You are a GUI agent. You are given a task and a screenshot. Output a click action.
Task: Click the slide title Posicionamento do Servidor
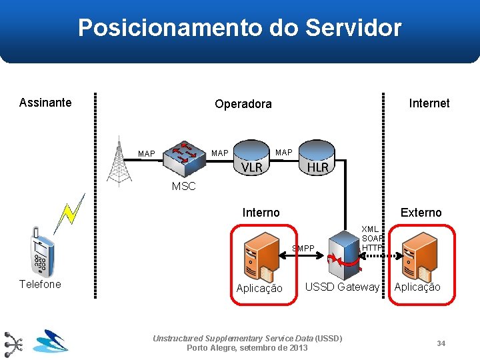(239, 28)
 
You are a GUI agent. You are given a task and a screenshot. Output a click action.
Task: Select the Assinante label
(45, 103)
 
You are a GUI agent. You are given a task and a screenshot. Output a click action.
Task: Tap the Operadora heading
(243, 104)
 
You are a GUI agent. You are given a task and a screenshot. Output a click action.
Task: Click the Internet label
(429, 103)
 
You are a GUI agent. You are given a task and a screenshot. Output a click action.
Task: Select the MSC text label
(183, 187)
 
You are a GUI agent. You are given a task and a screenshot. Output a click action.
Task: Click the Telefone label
(40, 285)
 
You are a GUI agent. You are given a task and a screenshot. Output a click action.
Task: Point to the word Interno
(261, 213)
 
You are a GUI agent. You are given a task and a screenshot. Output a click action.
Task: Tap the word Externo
(421, 213)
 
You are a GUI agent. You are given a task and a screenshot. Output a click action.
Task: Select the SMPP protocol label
(303, 249)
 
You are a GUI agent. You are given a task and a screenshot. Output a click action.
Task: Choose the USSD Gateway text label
(342, 287)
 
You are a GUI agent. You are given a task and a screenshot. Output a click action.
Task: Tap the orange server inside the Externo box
(421, 256)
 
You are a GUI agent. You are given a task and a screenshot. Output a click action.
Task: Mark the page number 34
(441, 343)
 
